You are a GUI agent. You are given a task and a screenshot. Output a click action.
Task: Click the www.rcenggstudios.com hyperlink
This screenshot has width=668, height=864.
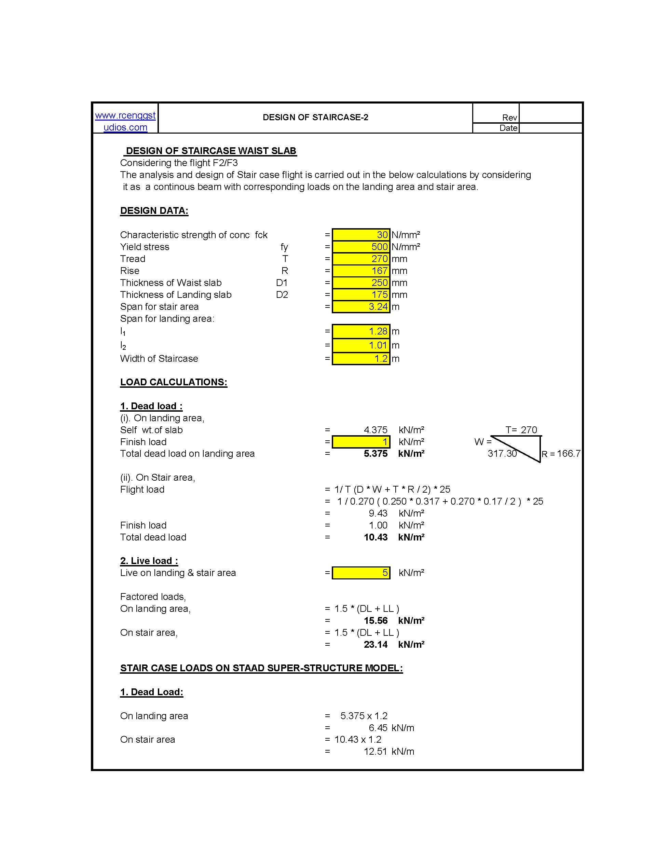pyautogui.click(x=125, y=121)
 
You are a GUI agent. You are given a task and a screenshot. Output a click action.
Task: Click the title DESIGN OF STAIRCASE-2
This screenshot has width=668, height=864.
pyautogui.click(x=315, y=118)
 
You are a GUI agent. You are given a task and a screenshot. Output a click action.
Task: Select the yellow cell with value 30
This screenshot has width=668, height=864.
pyautogui.click(x=361, y=235)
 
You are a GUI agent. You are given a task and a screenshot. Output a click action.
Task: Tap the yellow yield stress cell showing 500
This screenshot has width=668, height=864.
pyautogui.click(x=361, y=247)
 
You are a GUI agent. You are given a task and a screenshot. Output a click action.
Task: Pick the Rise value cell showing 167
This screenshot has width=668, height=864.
pyautogui.click(x=361, y=271)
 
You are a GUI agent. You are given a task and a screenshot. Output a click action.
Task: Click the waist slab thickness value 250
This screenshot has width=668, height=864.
pyautogui.click(x=361, y=283)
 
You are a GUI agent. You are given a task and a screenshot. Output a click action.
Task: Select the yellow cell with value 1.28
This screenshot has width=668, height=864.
pyautogui.click(x=361, y=331)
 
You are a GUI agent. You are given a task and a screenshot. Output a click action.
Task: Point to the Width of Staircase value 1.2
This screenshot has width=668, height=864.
pyautogui.click(x=361, y=359)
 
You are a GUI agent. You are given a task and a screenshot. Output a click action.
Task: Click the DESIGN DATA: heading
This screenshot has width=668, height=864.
pyautogui.click(x=154, y=211)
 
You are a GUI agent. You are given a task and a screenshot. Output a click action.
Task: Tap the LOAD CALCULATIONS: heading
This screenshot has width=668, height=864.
pyautogui.click(x=174, y=382)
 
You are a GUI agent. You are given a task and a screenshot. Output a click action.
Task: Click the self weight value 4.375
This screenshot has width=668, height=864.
pyautogui.click(x=375, y=430)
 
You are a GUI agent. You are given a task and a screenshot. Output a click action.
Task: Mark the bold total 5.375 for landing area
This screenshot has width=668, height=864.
pyautogui.click(x=375, y=454)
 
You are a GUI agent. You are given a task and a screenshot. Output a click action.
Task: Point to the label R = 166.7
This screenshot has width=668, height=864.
pyautogui.click(x=561, y=454)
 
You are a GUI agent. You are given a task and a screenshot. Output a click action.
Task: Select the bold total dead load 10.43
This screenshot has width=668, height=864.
pyautogui.click(x=375, y=537)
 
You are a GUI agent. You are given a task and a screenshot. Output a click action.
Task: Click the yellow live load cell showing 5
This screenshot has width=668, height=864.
pyautogui.click(x=361, y=573)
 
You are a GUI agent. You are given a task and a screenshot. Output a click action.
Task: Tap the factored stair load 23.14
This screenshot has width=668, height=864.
pyautogui.click(x=375, y=644)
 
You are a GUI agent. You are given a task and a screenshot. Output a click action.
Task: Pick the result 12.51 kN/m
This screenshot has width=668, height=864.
pyautogui.click(x=388, y=752)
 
